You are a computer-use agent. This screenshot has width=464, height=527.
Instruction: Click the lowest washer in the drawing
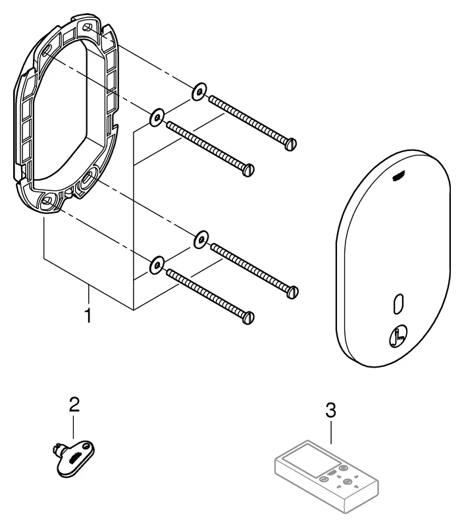pyautogui.click(x=157, y=265)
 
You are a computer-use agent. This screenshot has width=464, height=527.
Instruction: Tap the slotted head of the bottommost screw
pyautogui.click(x=249, y=318)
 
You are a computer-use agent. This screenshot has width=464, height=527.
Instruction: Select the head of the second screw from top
pyautogui.click(x=249, y=170)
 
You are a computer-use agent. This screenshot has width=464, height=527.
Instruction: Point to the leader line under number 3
pyautogui.click(x=331, y=431)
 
